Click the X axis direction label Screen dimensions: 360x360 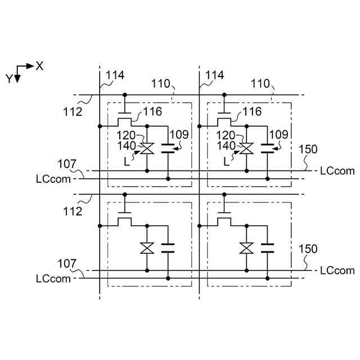39,66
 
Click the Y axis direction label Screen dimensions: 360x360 10,79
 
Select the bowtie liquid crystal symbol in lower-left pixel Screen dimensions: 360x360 147,247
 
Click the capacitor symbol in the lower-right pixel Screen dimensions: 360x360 268,247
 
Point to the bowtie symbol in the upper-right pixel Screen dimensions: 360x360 246,149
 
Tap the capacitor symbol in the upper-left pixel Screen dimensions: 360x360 168,149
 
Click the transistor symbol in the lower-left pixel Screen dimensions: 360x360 125,218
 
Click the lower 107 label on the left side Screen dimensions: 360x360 66,263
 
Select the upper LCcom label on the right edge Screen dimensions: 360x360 337,170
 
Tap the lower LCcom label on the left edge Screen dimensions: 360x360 53,278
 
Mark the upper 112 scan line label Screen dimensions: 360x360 73,111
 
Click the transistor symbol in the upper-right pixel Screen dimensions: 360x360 224,118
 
